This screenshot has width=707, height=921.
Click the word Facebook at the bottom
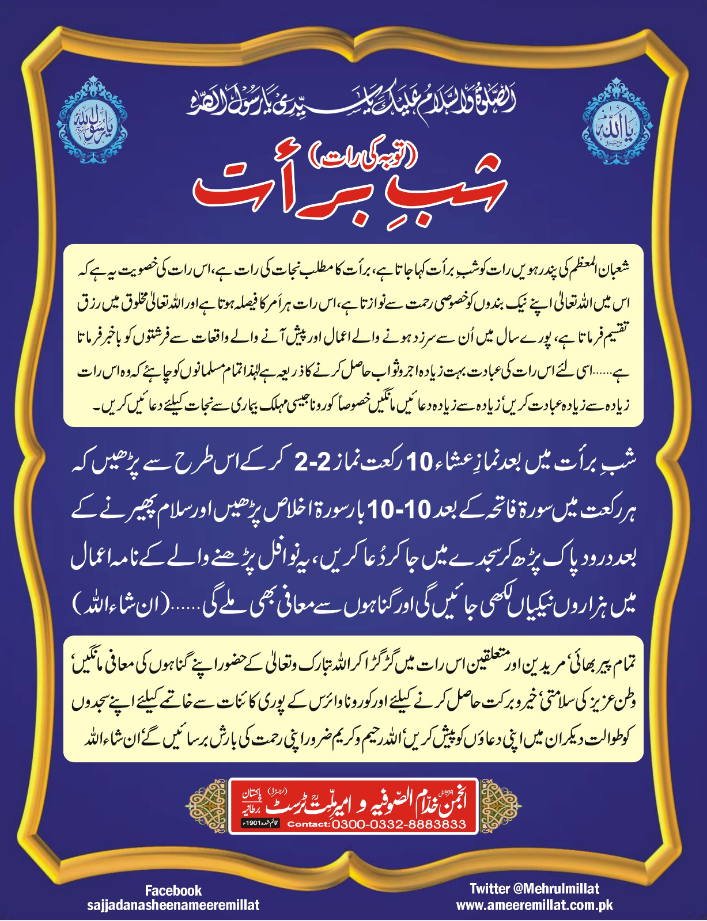click(173, 890)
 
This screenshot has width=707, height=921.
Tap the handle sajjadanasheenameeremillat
click(173, 905)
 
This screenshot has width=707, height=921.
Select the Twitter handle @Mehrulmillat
click(534, 888)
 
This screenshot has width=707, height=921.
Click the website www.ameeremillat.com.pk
click(534, 905)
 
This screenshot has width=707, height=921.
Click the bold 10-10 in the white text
click(392, 509)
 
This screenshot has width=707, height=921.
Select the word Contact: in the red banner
click(308, 824)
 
